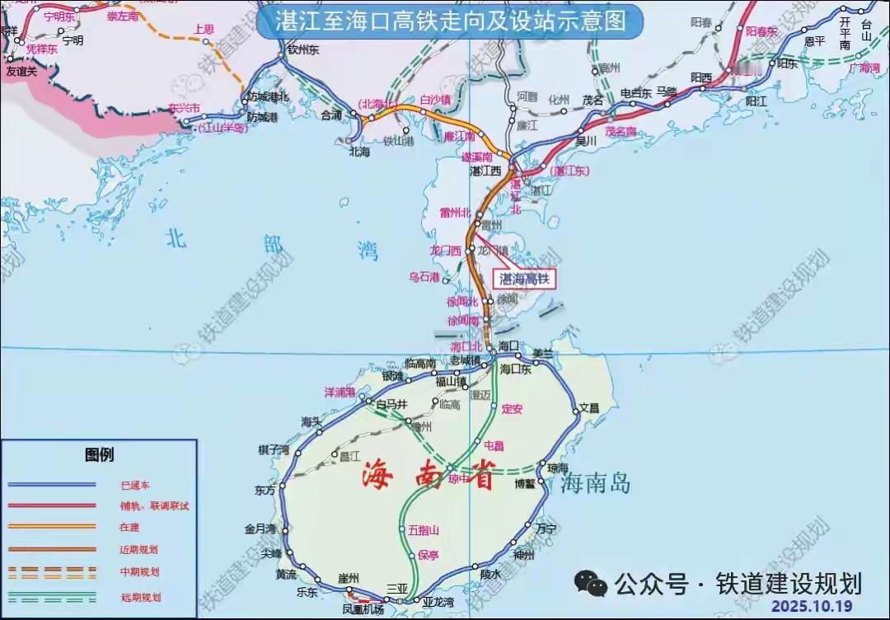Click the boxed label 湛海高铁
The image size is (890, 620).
[525, 279]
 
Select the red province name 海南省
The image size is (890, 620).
[429, 476]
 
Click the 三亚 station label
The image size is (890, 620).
[397, 588]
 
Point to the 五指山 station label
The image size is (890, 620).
[424, 530]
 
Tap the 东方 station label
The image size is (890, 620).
[265, 490]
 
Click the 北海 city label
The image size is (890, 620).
[360, 152]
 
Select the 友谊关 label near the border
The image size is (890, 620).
[22, 71]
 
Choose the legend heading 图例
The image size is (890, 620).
[100, 454]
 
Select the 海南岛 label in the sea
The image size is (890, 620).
[596, 484]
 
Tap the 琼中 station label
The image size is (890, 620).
[458, 478]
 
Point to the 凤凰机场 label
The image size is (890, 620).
[363, 609]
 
